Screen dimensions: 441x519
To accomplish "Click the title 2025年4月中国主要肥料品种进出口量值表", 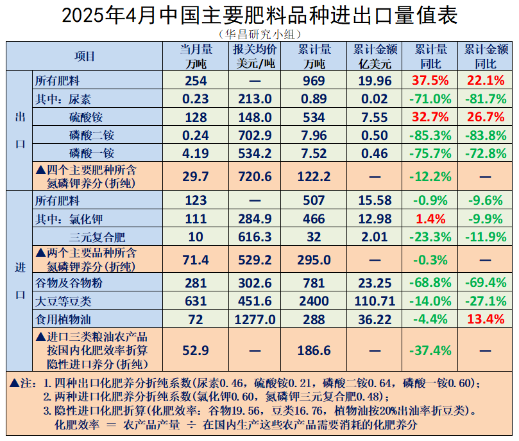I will point(259,15).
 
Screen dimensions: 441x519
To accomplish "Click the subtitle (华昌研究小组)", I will point(259,34).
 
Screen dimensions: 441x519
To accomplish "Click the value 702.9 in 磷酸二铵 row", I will point(255,135).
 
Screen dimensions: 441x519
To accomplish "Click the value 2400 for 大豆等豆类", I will point(314,301).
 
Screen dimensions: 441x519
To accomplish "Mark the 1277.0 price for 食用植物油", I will point(255,319).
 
